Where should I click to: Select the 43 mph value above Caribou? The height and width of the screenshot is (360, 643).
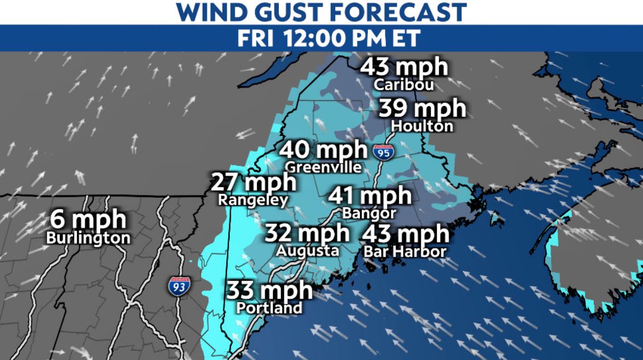click(x=404, y=68)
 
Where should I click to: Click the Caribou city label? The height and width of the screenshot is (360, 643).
click(x=404, y=85)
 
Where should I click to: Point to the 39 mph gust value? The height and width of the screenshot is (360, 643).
click(x=422, y=109)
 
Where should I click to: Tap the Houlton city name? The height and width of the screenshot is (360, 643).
click(x=422, y=126)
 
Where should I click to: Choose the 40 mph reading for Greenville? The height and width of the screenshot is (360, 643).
click(x=324, y=149)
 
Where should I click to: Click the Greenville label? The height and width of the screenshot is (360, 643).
click(x=324, y=167)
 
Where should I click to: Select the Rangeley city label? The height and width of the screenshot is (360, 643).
click(x=253, y=200)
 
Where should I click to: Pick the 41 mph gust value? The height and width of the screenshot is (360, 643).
click(x=370, y=195)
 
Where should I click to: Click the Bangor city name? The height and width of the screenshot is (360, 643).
click(x=369, y=212)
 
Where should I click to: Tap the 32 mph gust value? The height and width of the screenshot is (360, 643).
click(x=307, y=233)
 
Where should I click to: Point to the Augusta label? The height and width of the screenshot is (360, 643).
click(x=307, y=251)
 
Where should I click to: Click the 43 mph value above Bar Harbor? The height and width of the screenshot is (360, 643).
click(x=405, y=234)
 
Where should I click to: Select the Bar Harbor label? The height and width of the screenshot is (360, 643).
click(x=405, y=252)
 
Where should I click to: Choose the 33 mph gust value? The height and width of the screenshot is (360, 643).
click(x=270, y=290)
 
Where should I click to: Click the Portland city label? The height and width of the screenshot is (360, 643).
click(x=269, y=307)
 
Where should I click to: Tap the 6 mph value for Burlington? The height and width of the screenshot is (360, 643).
click(x=89, y=220)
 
